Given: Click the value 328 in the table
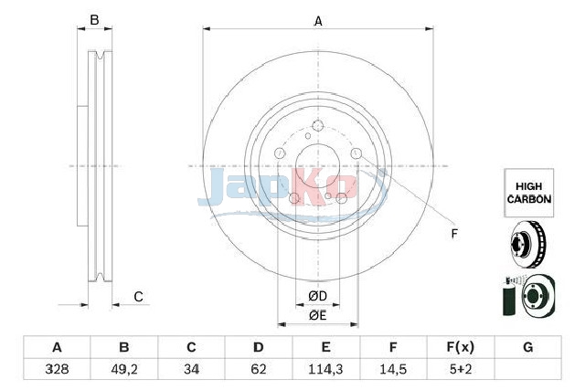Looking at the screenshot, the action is pyautogui.click(x=57, y=369).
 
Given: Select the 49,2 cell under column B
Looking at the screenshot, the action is pyautogui.click(x=124, y=369).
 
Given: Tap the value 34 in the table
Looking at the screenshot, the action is pyautogui.click(x=191, y=369).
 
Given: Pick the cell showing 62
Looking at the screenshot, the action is pyautogui.click(x=259, y=369).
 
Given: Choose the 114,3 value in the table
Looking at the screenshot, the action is pyautogui.click(x=325, y=369).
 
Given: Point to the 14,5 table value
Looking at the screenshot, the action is pyautogui.click(x=393, y=369).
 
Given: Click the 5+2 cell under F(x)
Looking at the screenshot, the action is pyautogui.click(x=461, y=369).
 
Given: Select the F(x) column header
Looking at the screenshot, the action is pyautogui.click(x=461, y=347).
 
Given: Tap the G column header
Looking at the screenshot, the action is pyautogui.click(x=528, y=347).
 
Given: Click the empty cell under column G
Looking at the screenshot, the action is pyautogui.click(x=528, y=369).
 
